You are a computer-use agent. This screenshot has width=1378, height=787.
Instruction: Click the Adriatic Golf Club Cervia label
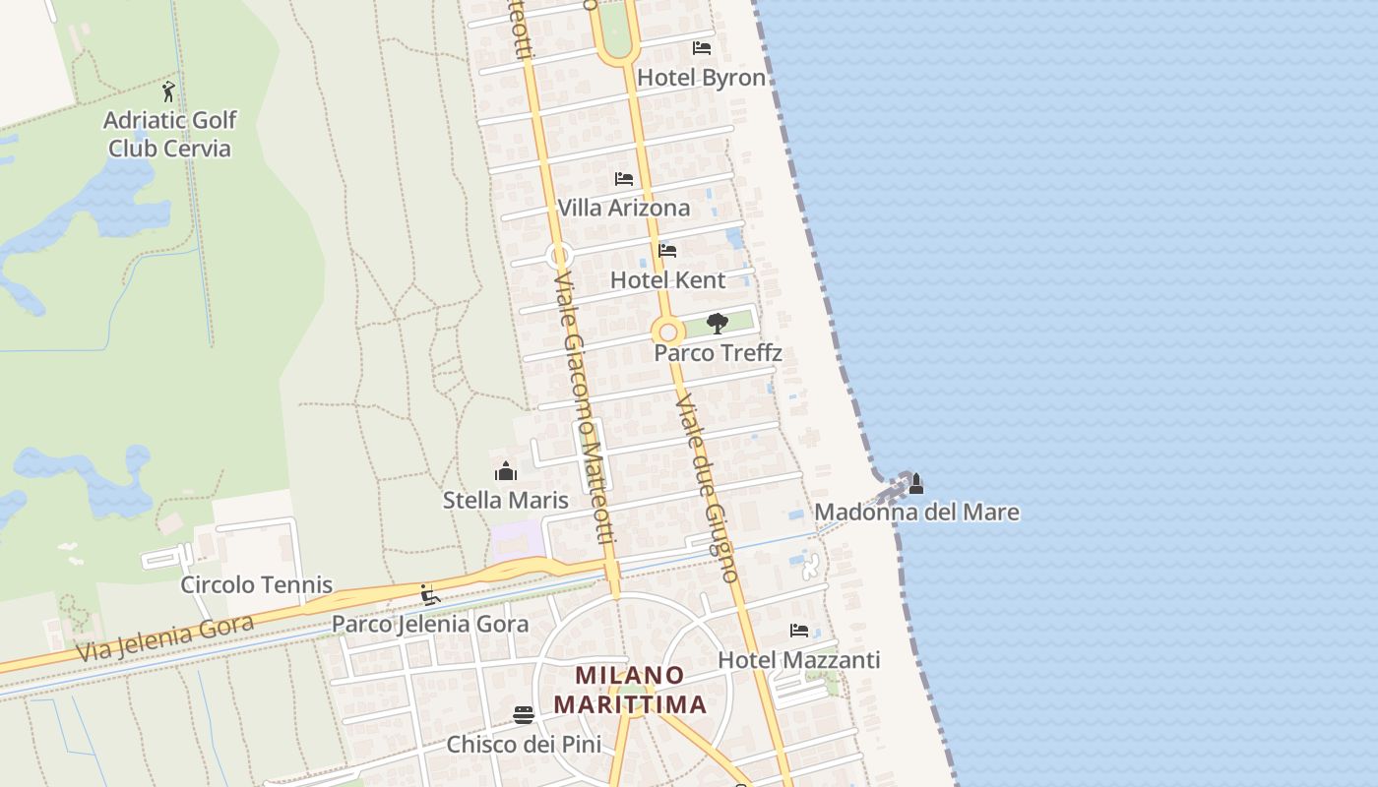(170, 135)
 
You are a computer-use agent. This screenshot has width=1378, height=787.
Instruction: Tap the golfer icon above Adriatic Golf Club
(169, 91)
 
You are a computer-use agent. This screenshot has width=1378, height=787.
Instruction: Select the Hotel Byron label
(702, 78)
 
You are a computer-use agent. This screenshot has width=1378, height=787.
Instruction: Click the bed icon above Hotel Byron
(702, 47)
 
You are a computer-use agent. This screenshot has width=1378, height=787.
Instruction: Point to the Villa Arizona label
(624, 209)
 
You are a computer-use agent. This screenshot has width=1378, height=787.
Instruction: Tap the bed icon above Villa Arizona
(624, 179)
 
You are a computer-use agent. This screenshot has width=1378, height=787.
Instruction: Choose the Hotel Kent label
(667, 280)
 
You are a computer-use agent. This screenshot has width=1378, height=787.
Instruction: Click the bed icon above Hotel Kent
(667, 251)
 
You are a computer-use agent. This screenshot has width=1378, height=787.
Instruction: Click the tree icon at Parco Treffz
(718, 323)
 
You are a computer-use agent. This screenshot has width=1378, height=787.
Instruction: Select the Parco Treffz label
(718, 353)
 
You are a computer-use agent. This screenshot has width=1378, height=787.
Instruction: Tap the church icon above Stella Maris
(506, 471)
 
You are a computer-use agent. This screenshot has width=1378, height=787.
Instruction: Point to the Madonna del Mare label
(916, 513)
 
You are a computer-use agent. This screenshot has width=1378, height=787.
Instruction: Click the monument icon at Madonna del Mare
(916, 483)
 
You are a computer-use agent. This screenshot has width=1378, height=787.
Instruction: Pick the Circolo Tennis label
(256, 585)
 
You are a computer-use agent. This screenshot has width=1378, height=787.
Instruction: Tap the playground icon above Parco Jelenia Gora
(430, 595)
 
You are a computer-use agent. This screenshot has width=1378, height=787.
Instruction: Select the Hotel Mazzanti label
(799, 660)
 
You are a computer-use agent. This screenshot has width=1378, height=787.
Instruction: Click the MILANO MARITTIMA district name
(630, 690)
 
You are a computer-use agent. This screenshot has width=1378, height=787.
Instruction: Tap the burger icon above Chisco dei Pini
(524, 714)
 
